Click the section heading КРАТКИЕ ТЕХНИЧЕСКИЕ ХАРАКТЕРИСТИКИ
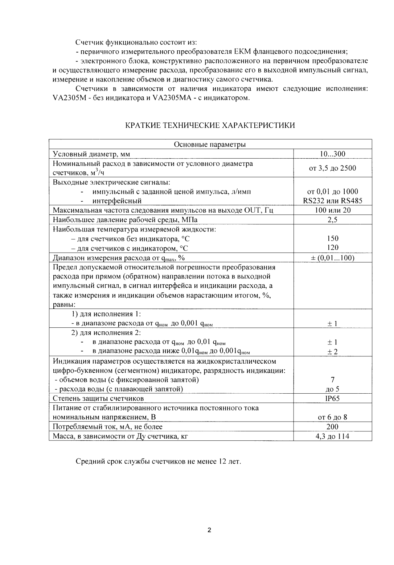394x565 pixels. (x=210, y=126)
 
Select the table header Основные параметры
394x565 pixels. (x=210, y=145)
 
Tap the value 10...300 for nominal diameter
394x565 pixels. (x=332, y=154)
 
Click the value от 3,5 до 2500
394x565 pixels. (x=332, y=168)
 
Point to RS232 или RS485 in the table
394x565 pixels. (x=332, y=201)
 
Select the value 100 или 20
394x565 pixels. (x=332, y=210)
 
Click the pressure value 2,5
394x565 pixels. (x=332, y=219)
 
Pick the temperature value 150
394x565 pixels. (x=332, y=238)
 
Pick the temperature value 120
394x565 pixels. (x=332, y=248)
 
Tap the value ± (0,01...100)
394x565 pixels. (x=332, y=258)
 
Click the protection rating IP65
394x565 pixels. (x=332, y=398)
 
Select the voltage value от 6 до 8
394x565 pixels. (x=332, y=417)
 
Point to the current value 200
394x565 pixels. (x=332, y=427)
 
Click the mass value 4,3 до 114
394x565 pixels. (x=332, y=436)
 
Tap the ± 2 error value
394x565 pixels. (x=332, y=352)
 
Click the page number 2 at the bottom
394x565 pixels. (x=209, y=531)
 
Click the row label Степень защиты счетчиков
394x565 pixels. (x=98, y=398)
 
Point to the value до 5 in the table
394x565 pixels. (x=332, y=389)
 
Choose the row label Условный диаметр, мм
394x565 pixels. (x=91, y=154)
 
